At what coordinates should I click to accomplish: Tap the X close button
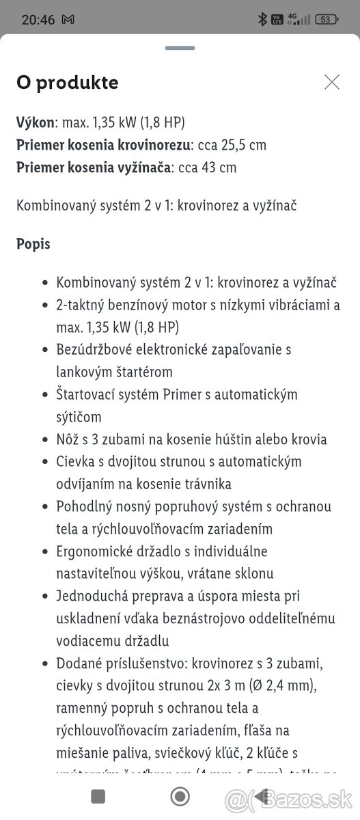point(332,83)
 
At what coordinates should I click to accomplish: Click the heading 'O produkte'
point(67,83)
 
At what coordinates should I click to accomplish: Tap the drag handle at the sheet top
point(180,48)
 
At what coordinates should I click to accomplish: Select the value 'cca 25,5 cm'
point(232,145)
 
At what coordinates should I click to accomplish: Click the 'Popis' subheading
point(33,244)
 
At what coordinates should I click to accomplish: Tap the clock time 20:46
point(38,20)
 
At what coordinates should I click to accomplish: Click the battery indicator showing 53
point(327,20)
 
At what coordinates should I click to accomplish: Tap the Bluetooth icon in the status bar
point(262,20)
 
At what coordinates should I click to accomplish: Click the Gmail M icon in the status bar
point(68,20)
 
